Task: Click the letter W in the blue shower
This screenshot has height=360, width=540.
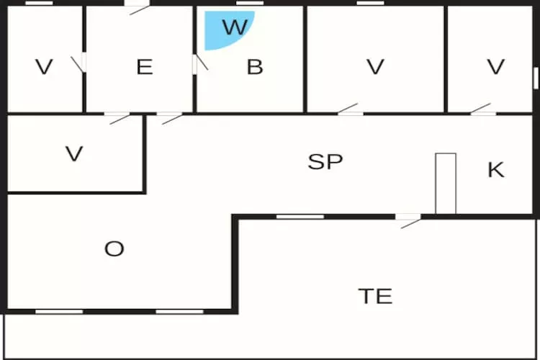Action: (235, 27)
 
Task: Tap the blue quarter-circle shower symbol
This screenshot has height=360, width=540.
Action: (228, 29)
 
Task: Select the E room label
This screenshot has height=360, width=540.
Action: (145, 67)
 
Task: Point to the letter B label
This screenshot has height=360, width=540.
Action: (255, 67)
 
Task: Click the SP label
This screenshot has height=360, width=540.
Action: (325, 161)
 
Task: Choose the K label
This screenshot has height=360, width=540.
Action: (496, 169)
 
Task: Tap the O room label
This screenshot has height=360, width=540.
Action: (114, 248)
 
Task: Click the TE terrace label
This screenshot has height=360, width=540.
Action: (375, 296)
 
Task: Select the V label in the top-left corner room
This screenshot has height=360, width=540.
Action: (44, 67)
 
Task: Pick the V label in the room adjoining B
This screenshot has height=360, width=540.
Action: (375, 67)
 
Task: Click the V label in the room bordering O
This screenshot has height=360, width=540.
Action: (74, 153)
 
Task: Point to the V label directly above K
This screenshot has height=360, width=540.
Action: (495, 67)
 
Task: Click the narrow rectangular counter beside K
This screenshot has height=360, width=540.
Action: (446, 184)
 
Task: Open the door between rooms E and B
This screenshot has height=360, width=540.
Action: (199, 63)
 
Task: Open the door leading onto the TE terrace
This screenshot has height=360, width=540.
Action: (408, 221)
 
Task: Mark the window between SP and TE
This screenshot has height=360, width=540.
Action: (300, 217)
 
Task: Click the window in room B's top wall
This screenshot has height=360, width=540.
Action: (250, 3)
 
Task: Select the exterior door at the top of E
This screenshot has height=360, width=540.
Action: (138, 7)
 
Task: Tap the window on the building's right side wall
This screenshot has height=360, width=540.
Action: (536, 78)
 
